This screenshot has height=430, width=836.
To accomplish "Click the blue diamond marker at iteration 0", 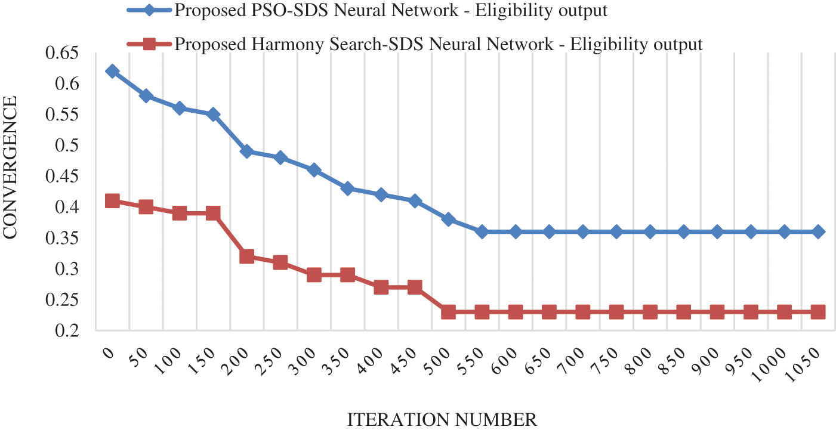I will click(x=112, y=72).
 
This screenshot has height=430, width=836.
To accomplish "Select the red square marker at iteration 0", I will click(x=112, y=200).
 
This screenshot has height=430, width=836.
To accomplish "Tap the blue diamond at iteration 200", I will click(x=246, y=151).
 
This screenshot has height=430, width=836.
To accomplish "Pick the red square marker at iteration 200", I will click(x=246, y=256).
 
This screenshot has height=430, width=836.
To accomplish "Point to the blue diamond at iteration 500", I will click(x=449, y=219).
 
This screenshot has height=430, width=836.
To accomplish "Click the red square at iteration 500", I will click(x=449, y=312).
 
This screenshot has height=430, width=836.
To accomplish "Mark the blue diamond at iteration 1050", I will click(x=819, y=231).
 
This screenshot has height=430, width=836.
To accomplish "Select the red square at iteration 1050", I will click(x=819, y=312).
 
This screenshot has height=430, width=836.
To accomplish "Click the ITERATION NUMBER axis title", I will click(x=442, y=419).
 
